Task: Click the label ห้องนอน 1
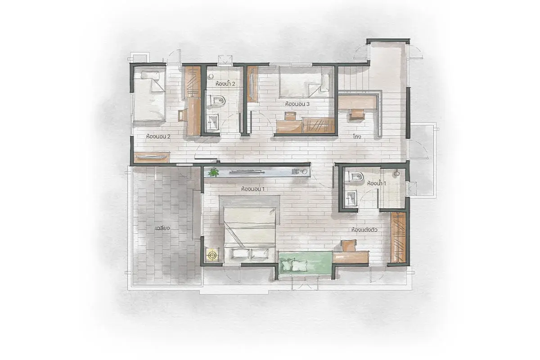252,189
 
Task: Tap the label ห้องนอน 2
158,136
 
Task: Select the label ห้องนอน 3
297,104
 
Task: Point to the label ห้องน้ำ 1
376,183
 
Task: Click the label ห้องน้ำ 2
225,84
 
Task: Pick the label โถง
357,137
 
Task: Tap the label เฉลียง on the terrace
163,228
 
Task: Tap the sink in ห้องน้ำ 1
351,198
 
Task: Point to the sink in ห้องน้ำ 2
212,122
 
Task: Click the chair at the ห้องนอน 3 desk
289,116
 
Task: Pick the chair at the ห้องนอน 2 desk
183,115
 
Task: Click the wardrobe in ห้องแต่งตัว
398,238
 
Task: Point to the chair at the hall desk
357,114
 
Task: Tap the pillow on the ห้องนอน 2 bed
150,75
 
